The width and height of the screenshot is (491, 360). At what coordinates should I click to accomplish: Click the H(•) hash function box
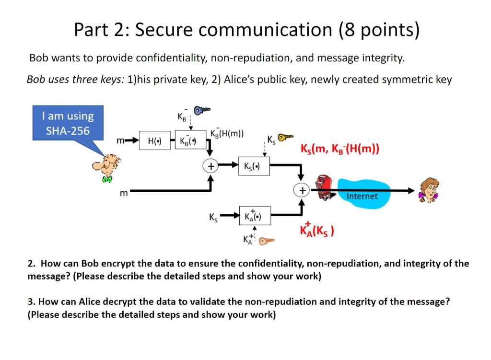pos(154,141)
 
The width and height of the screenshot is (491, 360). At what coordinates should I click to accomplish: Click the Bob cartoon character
pos(107,168)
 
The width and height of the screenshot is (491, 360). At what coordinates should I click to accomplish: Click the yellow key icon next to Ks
pos(285,138)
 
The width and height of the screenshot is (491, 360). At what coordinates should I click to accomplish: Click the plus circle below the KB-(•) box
pos(210,166)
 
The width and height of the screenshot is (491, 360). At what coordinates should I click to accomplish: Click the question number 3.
pos(31,302)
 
